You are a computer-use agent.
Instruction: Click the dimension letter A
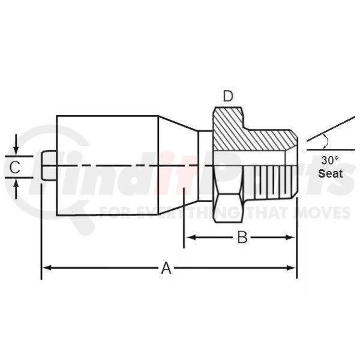(x=166, y=268)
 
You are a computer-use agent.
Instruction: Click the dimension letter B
(x=242, y=238)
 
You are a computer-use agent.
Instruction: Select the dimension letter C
(x=15, y=167)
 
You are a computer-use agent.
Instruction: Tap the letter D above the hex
(x=228, y=96)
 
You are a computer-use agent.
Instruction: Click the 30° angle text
(x=329, y=160)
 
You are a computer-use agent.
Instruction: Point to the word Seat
(x=331, y=173)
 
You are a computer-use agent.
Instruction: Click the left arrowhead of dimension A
(x=47, y=268)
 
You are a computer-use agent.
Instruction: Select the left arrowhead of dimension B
(x=190, y=238)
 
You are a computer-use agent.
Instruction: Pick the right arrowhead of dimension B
(x=290, y=238)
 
